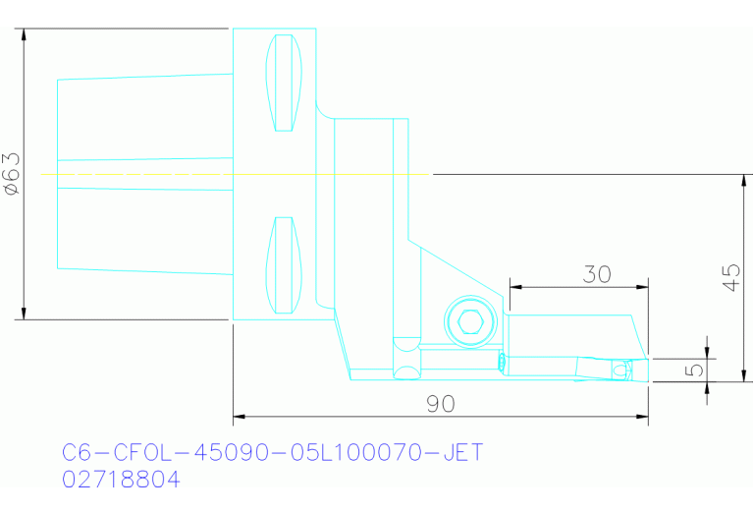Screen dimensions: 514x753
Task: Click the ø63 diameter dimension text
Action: [11, 174]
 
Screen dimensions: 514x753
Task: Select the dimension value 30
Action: [596, 274]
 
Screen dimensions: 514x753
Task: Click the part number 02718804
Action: [121, 480]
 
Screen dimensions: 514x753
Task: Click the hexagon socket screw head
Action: [470, 319]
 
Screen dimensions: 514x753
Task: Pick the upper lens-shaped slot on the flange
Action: [284, 84]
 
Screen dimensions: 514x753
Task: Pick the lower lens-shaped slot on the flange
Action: [284, 264]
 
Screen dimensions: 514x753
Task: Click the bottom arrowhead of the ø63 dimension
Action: [23, 314]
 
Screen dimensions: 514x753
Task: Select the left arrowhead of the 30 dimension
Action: [514, 287]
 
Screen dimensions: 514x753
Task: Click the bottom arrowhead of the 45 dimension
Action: [743, 376]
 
